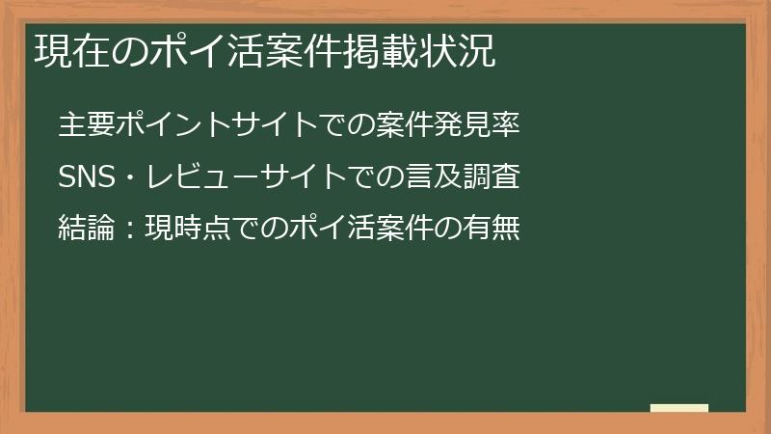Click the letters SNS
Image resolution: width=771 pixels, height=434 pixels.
pos(86,177)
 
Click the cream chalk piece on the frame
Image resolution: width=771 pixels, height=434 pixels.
pos(679,409)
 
